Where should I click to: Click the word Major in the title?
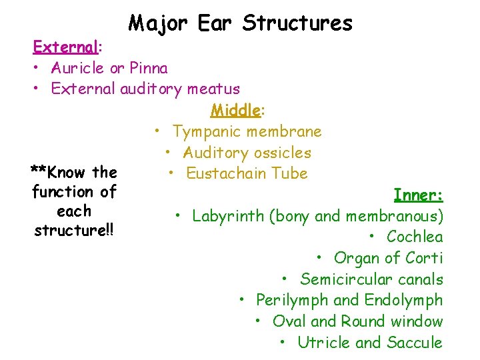[x=159, y=23]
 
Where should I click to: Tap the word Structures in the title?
[x=297, y=23]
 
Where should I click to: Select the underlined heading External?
[x=65, y=47]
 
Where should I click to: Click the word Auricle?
[x=76, y=68]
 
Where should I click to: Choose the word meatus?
[x=215, y=89]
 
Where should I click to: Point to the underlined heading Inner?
[x=417, y=195]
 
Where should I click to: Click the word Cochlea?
[x=414, y=237]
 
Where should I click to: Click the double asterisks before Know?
[x=37, y=173]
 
